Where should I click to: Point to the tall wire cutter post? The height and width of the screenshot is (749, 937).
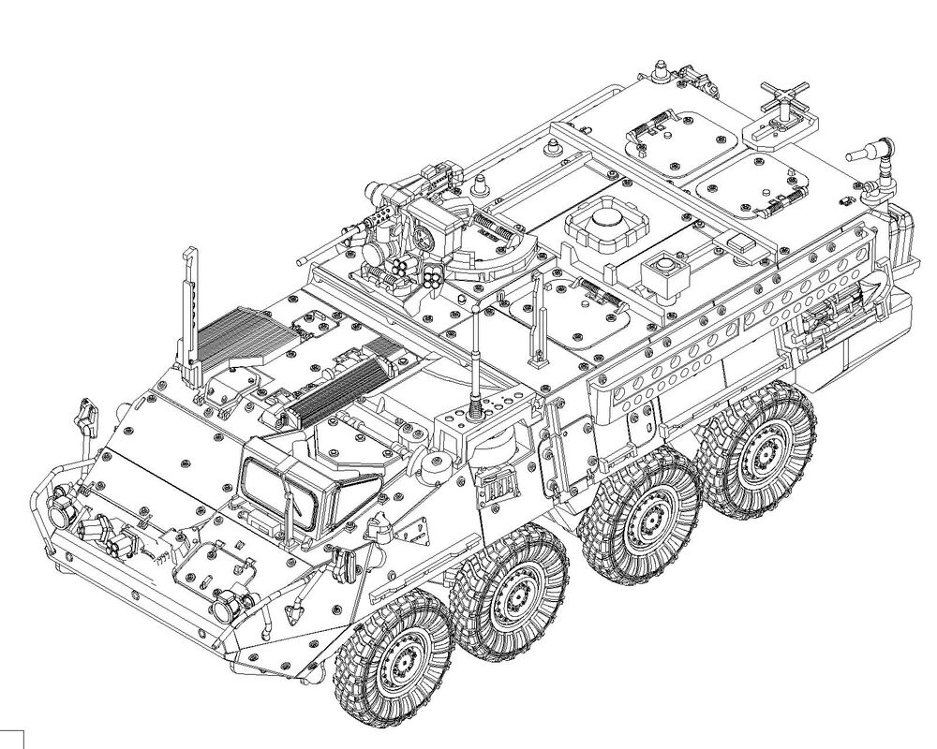190,309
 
